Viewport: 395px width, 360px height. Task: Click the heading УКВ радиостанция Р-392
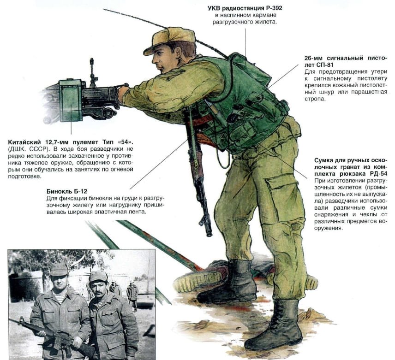click(245, 8)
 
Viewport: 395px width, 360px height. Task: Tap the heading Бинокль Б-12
click(67, 190)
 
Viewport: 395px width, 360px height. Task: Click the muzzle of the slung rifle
click(209, 230)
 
